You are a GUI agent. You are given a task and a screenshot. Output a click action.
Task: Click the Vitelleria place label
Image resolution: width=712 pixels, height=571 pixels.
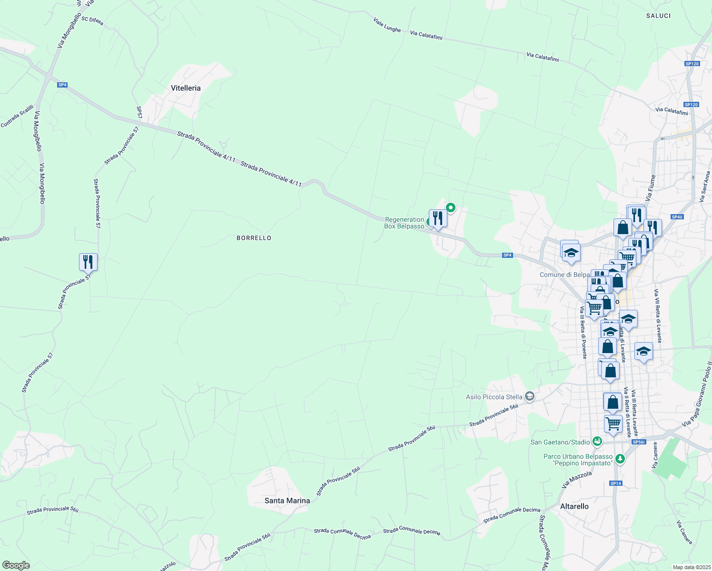186,88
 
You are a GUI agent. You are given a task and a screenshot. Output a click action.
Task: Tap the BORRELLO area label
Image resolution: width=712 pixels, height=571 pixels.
254,238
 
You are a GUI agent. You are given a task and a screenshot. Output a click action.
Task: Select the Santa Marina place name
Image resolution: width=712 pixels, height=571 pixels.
287,501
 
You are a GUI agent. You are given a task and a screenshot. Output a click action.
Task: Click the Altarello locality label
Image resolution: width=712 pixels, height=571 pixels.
574,506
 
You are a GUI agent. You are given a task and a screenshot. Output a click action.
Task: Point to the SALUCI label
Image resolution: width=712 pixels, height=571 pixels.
658,16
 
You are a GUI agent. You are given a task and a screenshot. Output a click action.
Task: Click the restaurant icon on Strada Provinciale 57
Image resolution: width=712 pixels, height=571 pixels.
88,262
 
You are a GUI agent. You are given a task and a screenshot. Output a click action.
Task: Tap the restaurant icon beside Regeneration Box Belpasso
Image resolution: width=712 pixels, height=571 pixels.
437,218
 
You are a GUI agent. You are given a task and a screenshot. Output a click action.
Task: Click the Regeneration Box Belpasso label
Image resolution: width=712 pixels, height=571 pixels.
404,223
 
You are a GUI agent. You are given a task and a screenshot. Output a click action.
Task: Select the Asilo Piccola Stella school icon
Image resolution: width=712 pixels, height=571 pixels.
529,396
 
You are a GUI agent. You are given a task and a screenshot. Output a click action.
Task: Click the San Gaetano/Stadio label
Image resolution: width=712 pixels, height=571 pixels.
560,442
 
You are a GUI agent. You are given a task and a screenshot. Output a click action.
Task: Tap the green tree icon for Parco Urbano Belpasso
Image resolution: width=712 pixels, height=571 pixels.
620,459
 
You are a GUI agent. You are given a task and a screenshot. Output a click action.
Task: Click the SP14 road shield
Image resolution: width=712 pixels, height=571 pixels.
615,483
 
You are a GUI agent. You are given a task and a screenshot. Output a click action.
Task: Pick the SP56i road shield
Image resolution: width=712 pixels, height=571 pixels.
639,442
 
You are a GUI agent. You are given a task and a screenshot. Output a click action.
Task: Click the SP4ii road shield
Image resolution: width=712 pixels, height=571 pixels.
677,217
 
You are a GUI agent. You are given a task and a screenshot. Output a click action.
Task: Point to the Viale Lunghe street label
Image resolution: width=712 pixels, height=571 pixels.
387,25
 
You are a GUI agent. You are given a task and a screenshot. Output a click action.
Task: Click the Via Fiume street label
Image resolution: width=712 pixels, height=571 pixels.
651,187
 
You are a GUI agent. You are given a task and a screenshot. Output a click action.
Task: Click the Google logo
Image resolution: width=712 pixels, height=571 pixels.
16,565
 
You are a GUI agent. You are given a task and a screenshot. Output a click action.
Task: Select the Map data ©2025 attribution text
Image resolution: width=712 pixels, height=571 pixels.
691,567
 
